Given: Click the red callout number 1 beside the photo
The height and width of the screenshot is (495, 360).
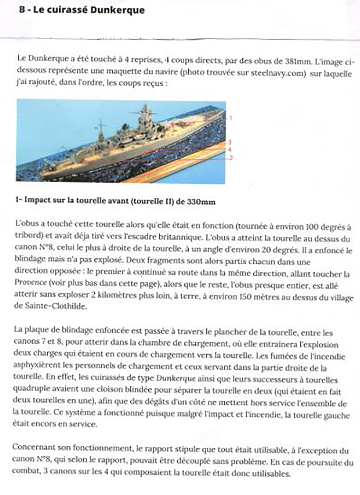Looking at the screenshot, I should [231, 118].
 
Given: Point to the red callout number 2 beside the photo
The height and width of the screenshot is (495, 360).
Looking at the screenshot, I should [231, 158].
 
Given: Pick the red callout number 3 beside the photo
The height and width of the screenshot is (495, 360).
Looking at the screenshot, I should [229, 142].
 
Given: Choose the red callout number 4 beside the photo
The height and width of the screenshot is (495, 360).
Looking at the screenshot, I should [229, 149].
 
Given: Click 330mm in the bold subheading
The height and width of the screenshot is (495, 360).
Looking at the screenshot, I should [201, 202].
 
